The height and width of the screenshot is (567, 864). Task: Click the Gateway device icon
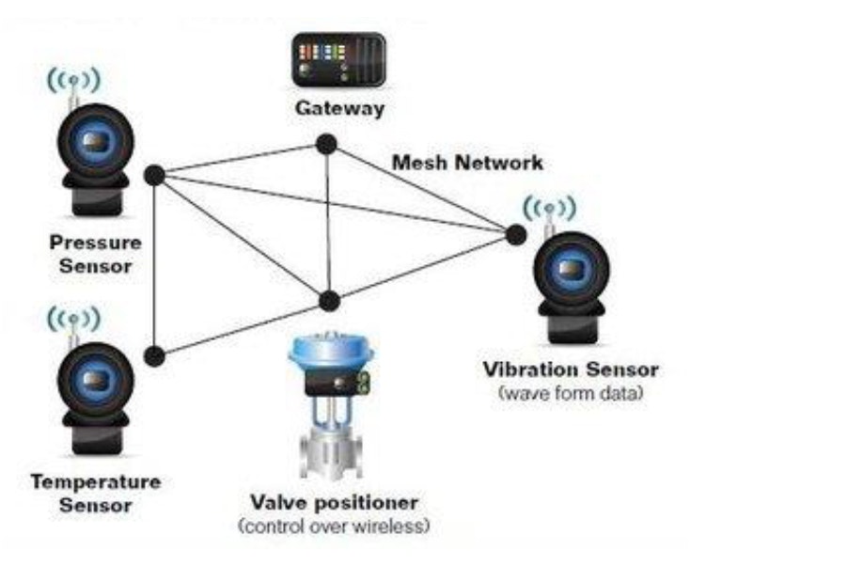click(338, 59)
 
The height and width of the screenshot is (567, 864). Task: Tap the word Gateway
click(339, 108)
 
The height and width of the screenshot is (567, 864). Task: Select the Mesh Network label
click(467, 163)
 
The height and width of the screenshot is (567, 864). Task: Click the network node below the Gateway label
click(326, 144)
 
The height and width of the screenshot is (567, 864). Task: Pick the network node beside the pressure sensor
click(155, 175)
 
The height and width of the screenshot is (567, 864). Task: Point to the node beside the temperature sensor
click(155, 354)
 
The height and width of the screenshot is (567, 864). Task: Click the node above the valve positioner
click(328, 301)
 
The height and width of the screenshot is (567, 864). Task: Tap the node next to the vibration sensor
click(515, 235)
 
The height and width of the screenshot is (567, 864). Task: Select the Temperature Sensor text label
click(95, 494)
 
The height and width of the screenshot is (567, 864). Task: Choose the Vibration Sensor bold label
click(571, 370)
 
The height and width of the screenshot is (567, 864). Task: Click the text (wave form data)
click(571, 392)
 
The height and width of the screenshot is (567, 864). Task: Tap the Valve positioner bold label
click(335, 502)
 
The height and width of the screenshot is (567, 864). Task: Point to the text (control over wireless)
click(335, 525)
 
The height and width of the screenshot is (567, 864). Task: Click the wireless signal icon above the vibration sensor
click(549, 208)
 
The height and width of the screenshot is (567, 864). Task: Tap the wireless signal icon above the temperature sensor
click(73, 320)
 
